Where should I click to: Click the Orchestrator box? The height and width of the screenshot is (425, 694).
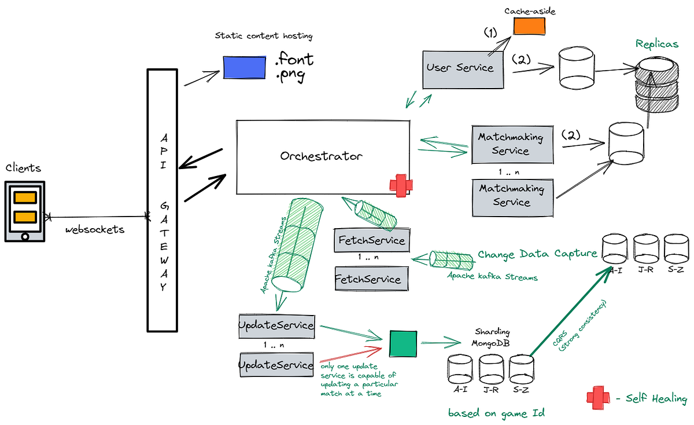(322, 157)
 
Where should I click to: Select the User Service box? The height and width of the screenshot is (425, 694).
(460, 68)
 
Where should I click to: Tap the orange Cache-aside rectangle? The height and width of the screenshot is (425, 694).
(529, 26)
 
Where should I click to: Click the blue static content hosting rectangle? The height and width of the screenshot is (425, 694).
(245, 67)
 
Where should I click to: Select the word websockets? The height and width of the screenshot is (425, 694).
(94, 230)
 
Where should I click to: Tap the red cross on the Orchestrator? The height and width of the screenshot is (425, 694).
(400, 186)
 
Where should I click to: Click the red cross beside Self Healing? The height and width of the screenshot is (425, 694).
(598, 398)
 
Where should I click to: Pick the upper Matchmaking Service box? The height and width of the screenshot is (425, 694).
(511, 144)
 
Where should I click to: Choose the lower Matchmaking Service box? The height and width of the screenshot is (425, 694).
(511, 196)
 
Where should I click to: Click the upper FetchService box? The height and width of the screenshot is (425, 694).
(372, 240)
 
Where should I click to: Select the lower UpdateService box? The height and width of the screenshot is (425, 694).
(276, 365)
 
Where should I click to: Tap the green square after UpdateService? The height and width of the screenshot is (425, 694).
(403, 344)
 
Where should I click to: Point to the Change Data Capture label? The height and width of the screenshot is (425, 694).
(537, 254)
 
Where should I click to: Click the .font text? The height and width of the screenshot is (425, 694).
(294, 59)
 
